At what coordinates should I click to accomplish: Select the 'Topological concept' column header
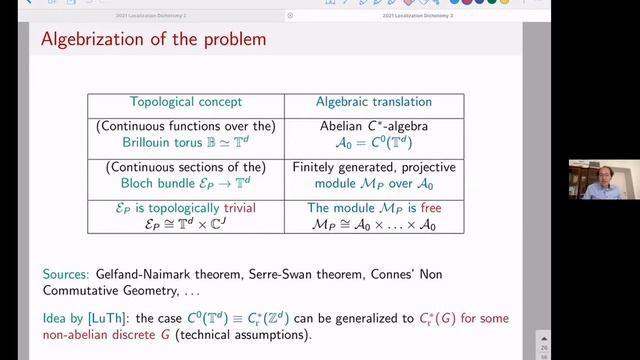(x=186, y=102)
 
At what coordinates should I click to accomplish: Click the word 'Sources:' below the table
(x=64, y=272)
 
